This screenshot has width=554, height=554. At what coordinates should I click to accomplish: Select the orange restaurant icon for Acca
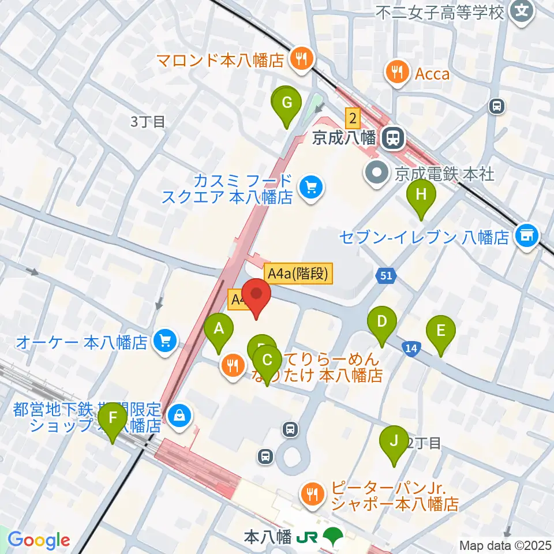point(396,71)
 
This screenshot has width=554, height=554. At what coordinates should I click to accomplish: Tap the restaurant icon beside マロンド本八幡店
point(300,57)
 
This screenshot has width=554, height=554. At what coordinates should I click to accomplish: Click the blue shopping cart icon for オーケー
point(164,343)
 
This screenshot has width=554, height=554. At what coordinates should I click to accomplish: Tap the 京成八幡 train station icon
point(392,137)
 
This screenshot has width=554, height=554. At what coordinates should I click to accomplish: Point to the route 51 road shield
point(386,276)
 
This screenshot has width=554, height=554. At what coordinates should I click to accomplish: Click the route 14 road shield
point(411,348)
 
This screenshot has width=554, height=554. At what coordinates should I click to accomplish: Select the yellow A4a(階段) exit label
point(298,274)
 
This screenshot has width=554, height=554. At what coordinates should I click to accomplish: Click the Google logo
point(39,541)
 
